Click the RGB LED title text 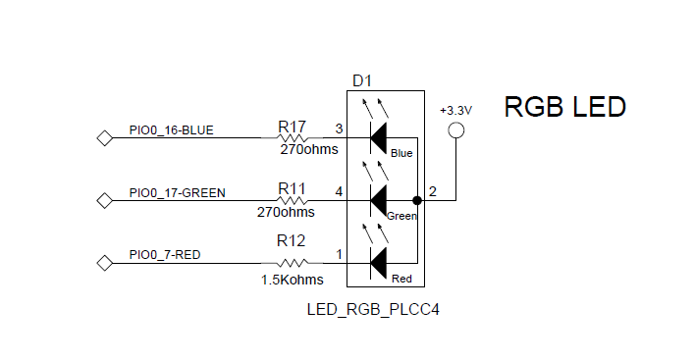pos(564,107)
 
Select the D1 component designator pos(363,80)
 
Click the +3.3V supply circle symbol pos(455,131)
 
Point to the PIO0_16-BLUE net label pos(171,129)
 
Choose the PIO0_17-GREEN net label pos(177,192)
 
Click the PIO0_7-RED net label pos(165,255)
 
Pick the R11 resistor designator pos(292,188)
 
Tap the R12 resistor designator pos(292,241)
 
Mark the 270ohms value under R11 pos(286,211)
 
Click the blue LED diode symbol pos(378,137)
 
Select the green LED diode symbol pos(378,200)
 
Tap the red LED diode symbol pos(378,263)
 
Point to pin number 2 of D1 pos(432,191)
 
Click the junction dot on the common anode pos(417,200)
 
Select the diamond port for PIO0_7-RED pos(103,263)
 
